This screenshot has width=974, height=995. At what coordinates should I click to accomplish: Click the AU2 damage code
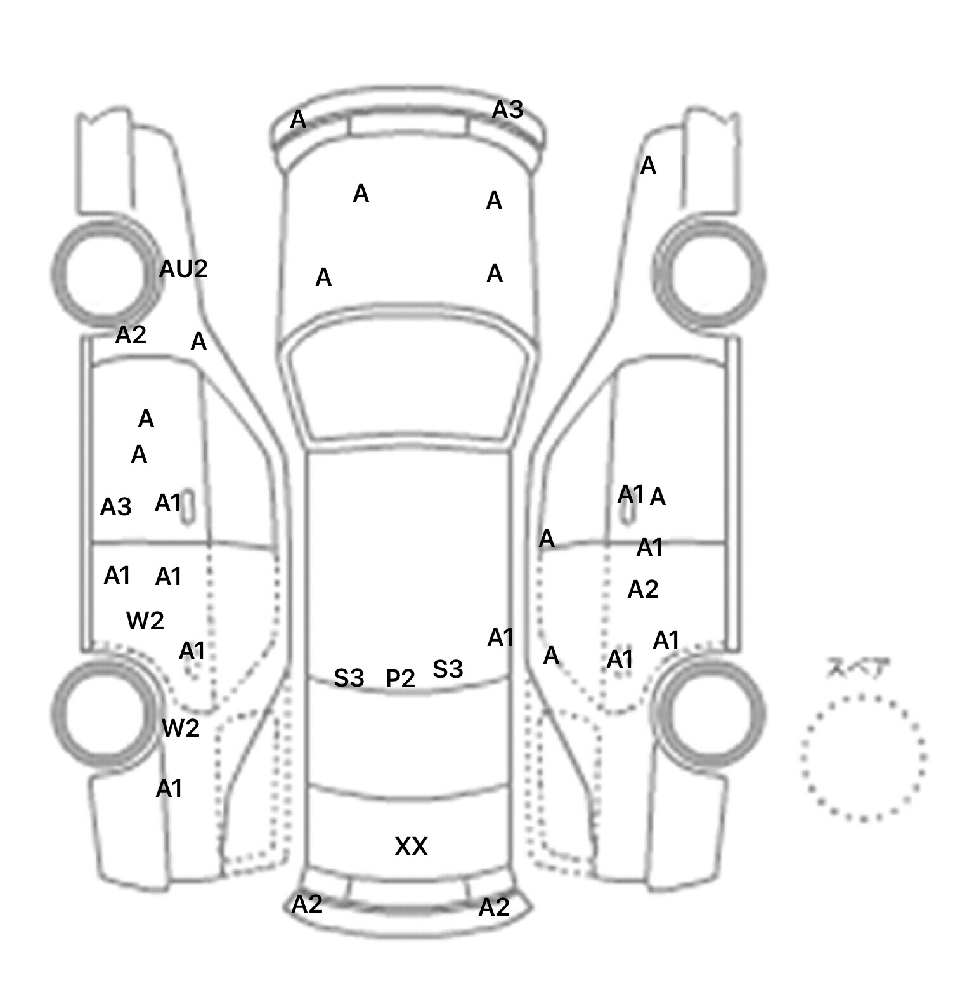(183, 269)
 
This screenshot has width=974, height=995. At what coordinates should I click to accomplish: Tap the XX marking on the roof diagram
(411, 847)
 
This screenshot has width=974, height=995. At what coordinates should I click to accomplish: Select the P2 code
(400, 679)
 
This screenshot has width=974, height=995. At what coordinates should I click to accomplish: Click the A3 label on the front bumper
(508, 110)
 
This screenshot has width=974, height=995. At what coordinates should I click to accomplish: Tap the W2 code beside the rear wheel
(181, 728)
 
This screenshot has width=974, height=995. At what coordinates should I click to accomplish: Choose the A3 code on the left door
(116, 507)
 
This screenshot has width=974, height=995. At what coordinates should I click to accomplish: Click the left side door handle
(188, 508)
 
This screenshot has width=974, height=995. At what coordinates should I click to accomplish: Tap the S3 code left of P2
(349, 678)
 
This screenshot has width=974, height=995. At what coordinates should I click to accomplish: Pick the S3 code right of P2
(448, 669)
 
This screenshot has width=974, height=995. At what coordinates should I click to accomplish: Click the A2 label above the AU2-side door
(131, 334)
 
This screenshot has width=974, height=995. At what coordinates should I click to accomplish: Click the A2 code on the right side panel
(643, 590)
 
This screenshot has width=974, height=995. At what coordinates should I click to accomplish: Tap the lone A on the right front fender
(648, 166)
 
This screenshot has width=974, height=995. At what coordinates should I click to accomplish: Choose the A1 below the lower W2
(169, 789)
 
